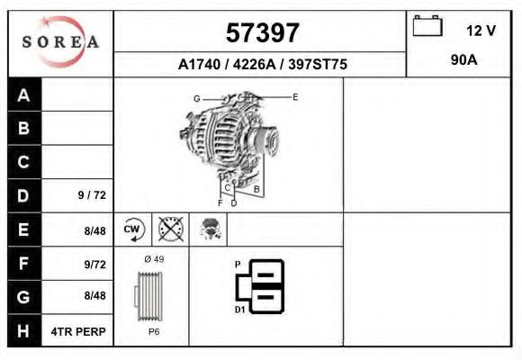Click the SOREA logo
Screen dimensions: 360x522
coord(60,43)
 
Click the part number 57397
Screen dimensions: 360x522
coord(261,33)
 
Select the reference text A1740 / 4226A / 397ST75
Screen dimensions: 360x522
coord(262,65)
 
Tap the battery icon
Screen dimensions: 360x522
coord(426,27)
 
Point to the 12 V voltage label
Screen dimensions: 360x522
coord(481,31)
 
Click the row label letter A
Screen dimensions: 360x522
coord(24,95)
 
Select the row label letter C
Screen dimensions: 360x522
coord(24,163)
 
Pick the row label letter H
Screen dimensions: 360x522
coord(24,330)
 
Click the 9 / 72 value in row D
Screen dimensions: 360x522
coord(93,195)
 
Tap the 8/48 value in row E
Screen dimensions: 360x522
coord(94,230)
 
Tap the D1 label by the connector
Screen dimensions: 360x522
coord(239,310)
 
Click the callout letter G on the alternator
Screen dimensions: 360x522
coord(195,97)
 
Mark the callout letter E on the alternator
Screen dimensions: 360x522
coord(295,95)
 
